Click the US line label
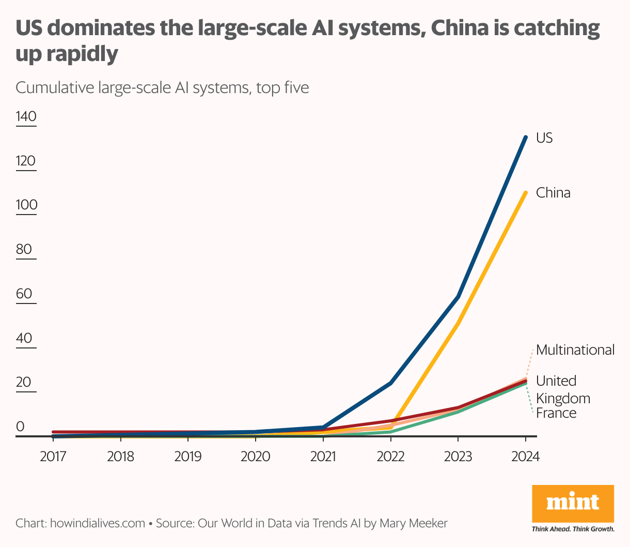(544, 138)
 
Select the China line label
(553, 193)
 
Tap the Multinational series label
(575, 350)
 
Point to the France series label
(556, 413)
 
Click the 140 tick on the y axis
(26, 116)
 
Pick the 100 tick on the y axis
(26, 205)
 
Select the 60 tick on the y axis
(24, 294)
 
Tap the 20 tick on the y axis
(24, 383)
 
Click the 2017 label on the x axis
(53, 457)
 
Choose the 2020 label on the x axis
(256, 457)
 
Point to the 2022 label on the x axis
(390, 457)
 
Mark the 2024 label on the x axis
(525, 457)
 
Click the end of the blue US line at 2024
(526, 137)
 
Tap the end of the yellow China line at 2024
(526, 193)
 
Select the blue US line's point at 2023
(458, 297)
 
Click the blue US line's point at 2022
(391, 383)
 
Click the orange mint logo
(573, 504)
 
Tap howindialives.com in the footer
(97, 523)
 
